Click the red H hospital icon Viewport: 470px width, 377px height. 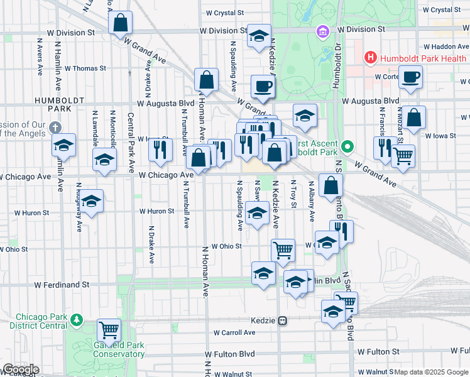tap(371, 58)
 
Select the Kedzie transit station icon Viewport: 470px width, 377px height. tap(283, 320)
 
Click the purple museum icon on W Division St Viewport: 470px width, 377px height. tap(322, 31)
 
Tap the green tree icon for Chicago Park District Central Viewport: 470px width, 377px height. tap(77, 320)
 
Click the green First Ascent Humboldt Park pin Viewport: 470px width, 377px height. tap(346, 148)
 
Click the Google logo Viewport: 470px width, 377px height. tap(20, 369)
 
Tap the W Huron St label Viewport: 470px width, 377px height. tap(156, 212)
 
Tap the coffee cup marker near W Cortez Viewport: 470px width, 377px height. tap(410, 77)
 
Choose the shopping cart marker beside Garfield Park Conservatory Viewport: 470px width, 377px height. tap(109, 329)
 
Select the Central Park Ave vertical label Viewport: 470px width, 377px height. tap(131, 143)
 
